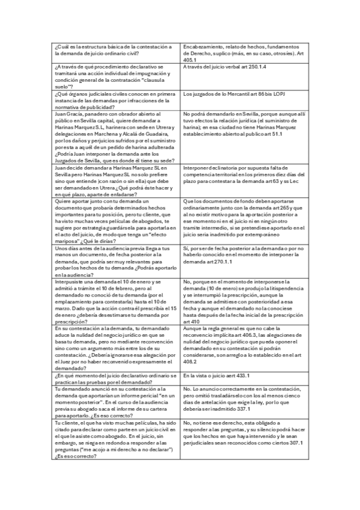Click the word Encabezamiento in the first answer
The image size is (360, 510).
[x=202, y=47]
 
